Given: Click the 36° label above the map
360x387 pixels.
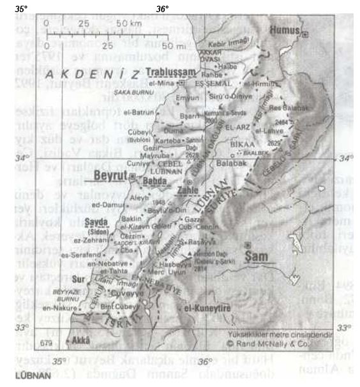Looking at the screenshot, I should pos(163,8).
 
